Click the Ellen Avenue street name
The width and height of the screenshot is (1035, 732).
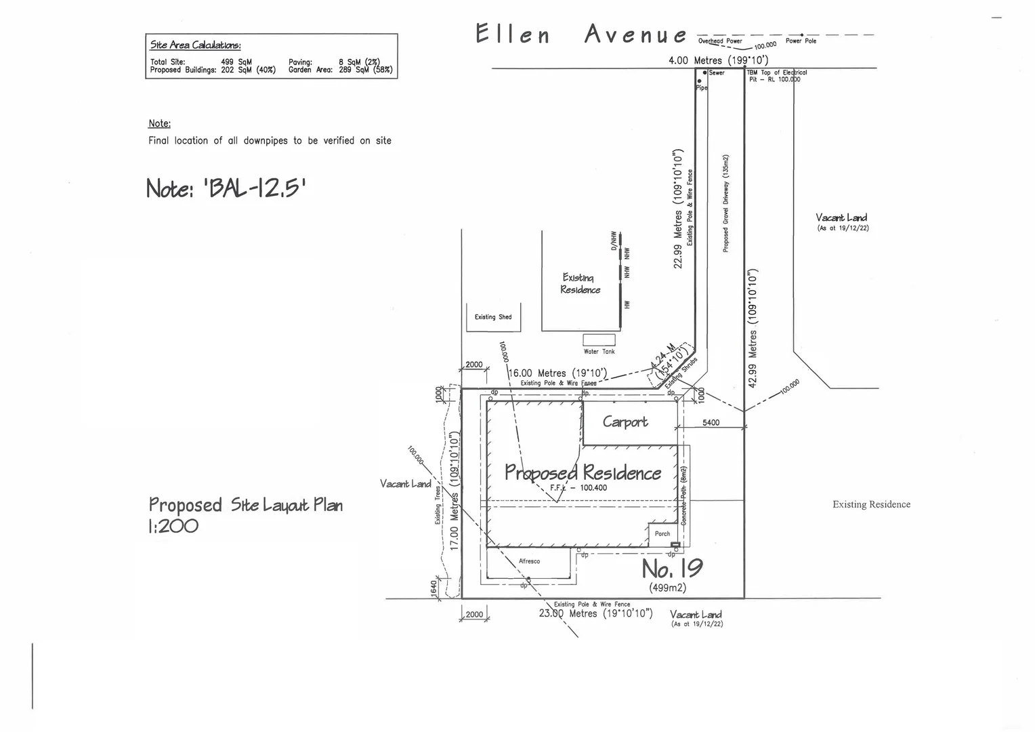pos(581,34)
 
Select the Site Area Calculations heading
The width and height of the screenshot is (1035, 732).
pos(195,45)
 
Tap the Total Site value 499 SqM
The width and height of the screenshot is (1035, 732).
pos(236,62)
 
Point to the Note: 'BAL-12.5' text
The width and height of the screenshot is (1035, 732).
pos(226,187)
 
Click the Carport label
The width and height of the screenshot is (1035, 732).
pos(625,422)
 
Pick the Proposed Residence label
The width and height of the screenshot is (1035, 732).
pos(583,472)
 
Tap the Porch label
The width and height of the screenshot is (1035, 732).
pos(662,534)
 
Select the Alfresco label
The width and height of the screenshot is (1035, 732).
pos(529,561)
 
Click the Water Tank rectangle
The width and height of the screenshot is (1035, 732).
pos(599,340)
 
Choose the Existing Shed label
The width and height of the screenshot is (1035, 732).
pos(493,317)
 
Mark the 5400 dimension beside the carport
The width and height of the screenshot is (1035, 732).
pos(711,422)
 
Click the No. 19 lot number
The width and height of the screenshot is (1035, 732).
pos(672,568)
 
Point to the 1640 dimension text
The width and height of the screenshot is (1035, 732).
pos(434,588)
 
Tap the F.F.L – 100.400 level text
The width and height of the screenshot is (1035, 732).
pos(578,487)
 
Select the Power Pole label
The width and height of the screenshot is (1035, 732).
pos(801,41)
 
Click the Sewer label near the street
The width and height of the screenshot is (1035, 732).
pos(716,73)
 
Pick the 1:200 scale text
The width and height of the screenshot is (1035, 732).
pos(173,525)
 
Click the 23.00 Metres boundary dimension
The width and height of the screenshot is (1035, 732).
pos(595,613)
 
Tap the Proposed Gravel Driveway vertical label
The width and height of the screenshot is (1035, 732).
pos(725,203)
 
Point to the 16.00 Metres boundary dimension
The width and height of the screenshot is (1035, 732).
pos(557,373)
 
